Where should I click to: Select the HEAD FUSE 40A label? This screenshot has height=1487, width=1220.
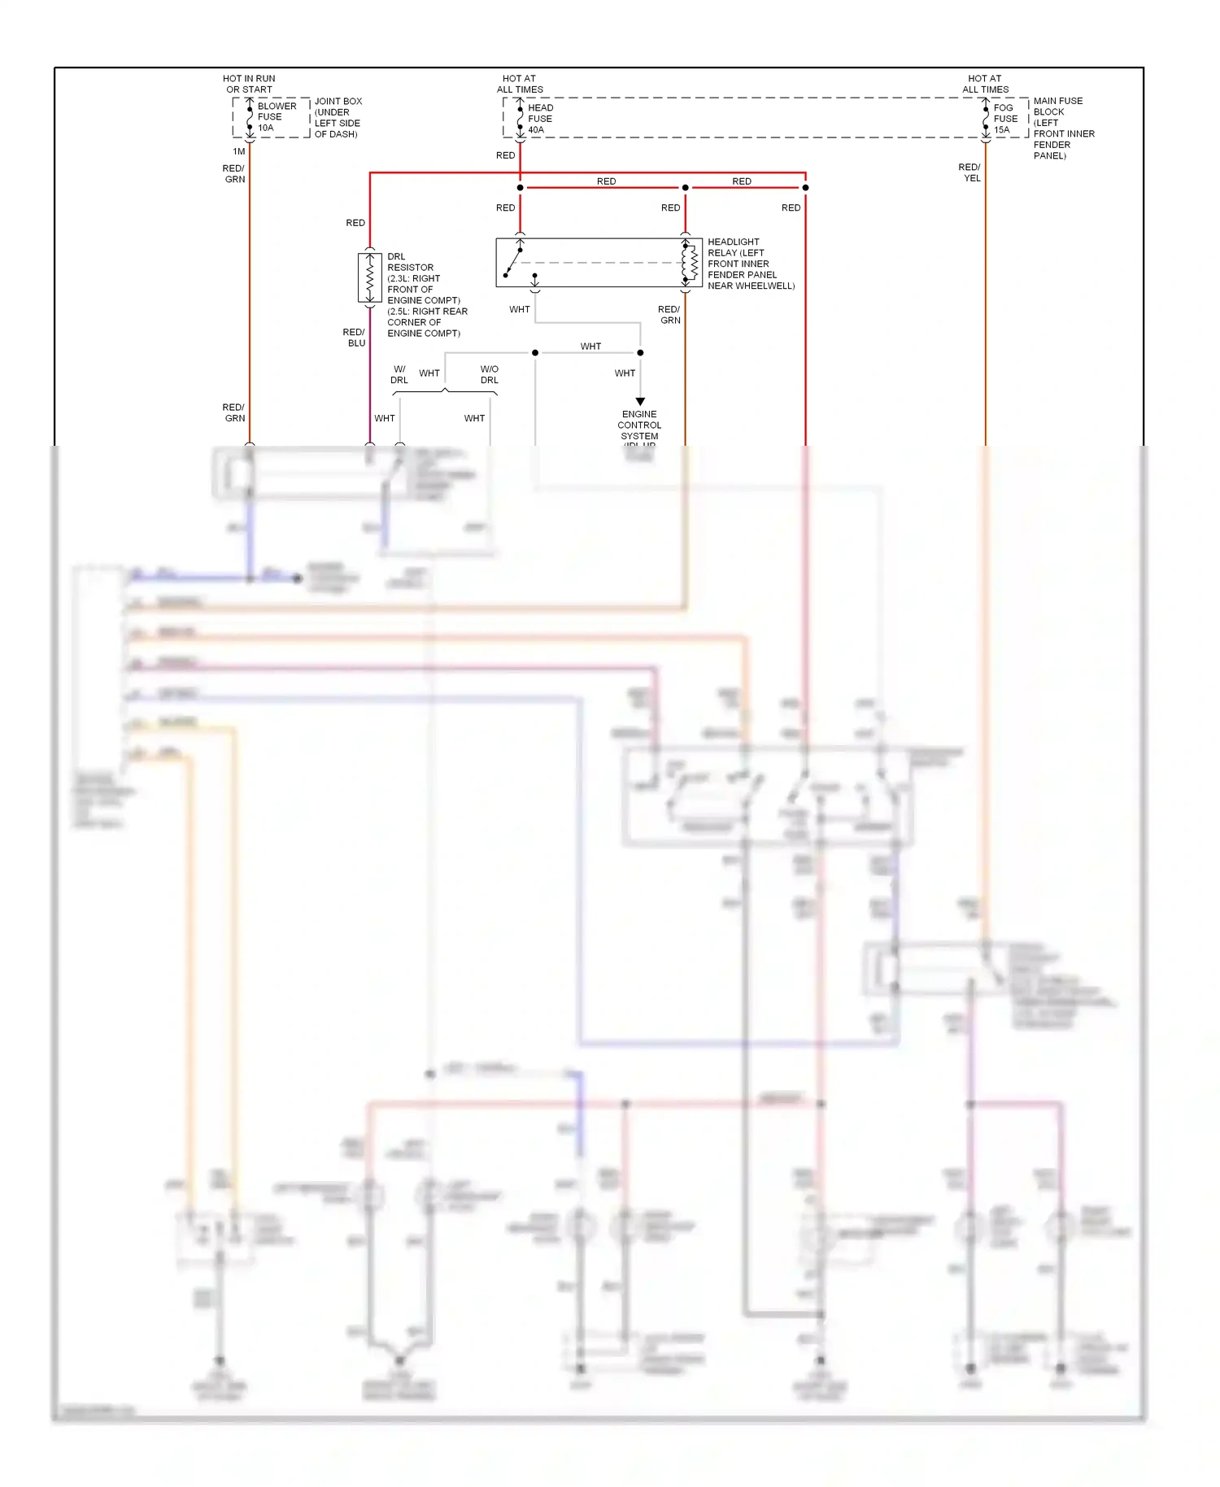(x=540, y=119)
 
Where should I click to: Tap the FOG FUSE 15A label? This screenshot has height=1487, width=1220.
(x=1004, y=119)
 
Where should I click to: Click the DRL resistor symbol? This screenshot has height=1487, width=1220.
(x=370, y=278)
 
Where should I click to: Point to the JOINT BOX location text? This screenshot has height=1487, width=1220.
(x=338, y=118)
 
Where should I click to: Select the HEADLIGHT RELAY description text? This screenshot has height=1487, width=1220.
(x=749, y=264)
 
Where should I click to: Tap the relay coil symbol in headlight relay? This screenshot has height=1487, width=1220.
(x=690, y=262)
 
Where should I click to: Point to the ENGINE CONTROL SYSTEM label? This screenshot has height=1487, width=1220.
(x=639, y=425)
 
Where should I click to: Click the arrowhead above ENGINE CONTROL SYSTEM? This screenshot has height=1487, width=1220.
(x=640, y=402)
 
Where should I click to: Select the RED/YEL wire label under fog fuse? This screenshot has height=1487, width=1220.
(x=969, y=172)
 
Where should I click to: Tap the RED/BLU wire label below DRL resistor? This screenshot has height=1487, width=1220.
(x=354, y=338)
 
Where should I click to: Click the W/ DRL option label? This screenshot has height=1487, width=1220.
(x=399, y=374)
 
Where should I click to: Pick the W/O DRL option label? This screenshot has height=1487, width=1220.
(x=490, y=374)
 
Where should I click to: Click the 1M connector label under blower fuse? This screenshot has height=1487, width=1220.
(x=238, y=151)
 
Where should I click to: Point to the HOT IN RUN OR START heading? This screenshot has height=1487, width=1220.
(x=249, y=84)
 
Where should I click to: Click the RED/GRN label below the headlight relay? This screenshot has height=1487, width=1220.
(x=669, y=315)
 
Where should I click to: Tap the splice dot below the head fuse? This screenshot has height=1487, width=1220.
(x=521, y=188)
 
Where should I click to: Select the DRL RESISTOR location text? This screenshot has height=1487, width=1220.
(x=426, y=295)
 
